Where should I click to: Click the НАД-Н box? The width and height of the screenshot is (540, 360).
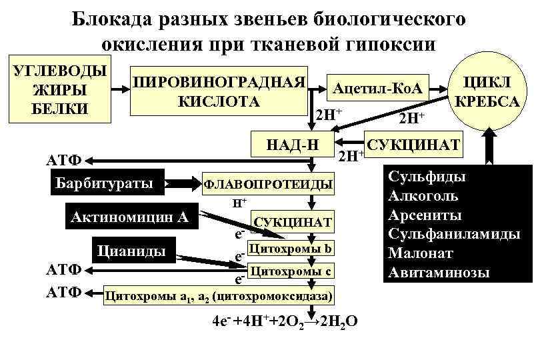292,144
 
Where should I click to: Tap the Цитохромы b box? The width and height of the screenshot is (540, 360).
289,248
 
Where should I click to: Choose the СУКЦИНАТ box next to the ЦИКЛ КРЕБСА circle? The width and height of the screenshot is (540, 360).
413,145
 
